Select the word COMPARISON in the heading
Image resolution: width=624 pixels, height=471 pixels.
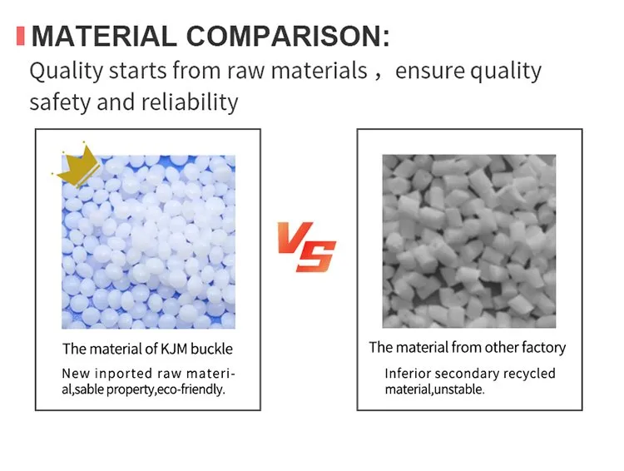coord(286,37)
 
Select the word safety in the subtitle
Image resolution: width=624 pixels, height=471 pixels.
coord(59,103)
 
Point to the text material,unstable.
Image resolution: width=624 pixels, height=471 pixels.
coord(433,389)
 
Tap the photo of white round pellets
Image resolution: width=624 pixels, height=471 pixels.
coord(147,242)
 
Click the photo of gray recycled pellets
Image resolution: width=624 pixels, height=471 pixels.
coord(468,240)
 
